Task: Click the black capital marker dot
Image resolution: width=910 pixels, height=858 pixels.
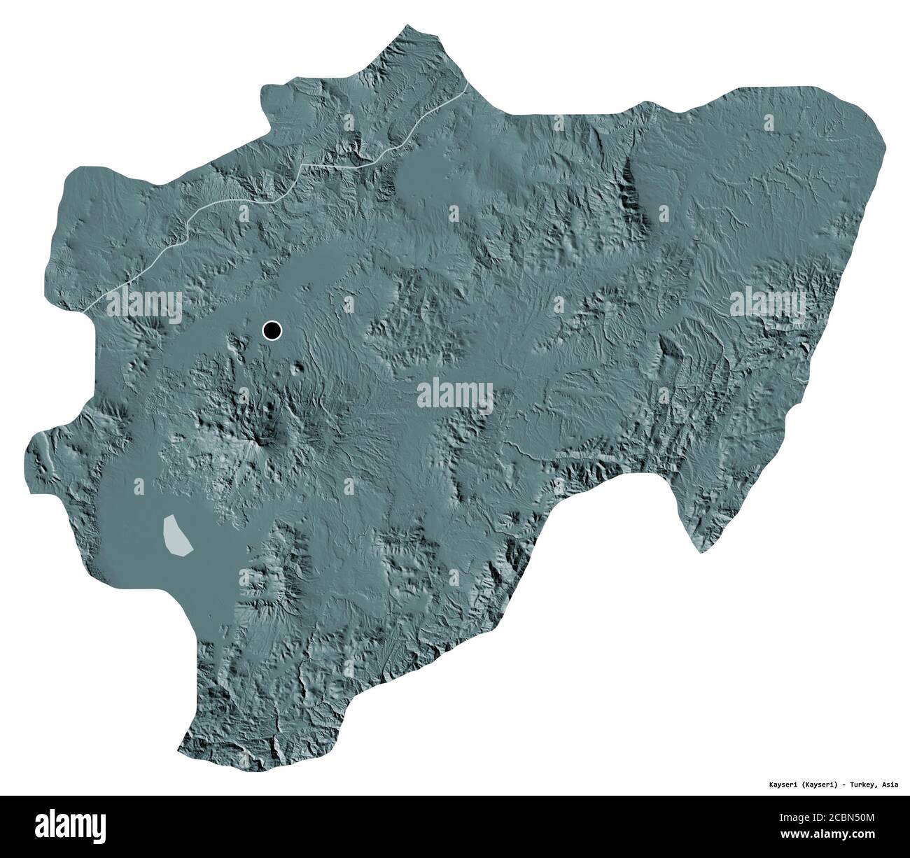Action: click(x=272, y=330)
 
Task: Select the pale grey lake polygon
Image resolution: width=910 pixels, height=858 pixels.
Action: click(x=176, y=535)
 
